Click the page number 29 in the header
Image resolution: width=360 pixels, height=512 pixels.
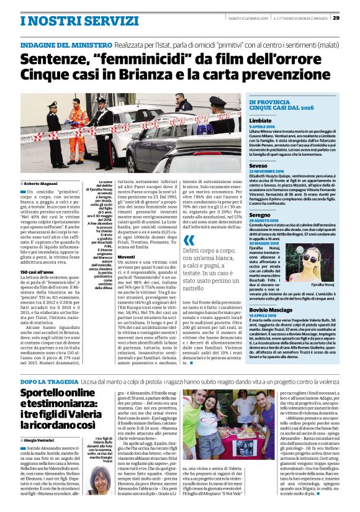click(352, 7)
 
